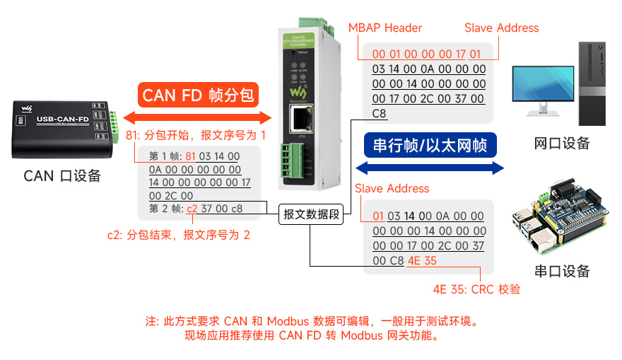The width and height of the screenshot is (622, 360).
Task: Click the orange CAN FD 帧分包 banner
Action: pos(197,95)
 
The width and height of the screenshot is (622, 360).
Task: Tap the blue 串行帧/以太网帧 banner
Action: pos(430,146)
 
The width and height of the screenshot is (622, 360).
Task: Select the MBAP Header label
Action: pos(385,28)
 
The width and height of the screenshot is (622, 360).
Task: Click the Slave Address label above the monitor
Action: pos(501,28)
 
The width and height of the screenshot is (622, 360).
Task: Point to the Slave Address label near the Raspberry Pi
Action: pos(392,188)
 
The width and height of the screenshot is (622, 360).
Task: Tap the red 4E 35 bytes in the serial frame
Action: pos(422,260)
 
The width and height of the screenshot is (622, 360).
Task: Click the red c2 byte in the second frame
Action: pos(192,209)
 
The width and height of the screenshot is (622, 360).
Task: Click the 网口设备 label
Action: pos(561,144)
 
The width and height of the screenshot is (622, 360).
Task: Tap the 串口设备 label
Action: pos(561,271)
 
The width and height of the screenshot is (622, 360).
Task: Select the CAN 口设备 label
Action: pos(62,176)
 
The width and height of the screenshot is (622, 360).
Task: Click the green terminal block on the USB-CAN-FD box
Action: pos(113,127)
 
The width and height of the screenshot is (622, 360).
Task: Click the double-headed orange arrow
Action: pos(197,117)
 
